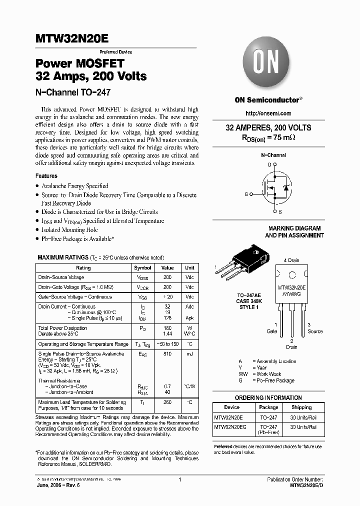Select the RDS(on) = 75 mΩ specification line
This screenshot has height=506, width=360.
pyautogui.click(x=268, y=137)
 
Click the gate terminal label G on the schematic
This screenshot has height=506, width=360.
pyautogui.click(x=246, y=193)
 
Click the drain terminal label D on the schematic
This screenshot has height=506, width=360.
pyautogui.click(x=268, y=164)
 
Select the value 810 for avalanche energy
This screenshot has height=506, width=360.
pyautogui.click(x=167, y=354)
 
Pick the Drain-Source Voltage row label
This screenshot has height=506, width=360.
pyautogui.click(x=61, y=277)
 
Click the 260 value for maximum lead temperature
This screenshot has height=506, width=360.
pyautogui.click(x=167, y=402)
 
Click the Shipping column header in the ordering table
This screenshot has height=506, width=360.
pyautogui.click(x=301, y=407)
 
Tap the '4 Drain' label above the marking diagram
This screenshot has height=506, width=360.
pyautogui.click(x=291, y=260)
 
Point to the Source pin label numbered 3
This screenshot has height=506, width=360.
pyautogui.click(x=314, y=328)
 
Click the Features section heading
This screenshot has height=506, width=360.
pyautogui.click(x=46, y=176)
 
